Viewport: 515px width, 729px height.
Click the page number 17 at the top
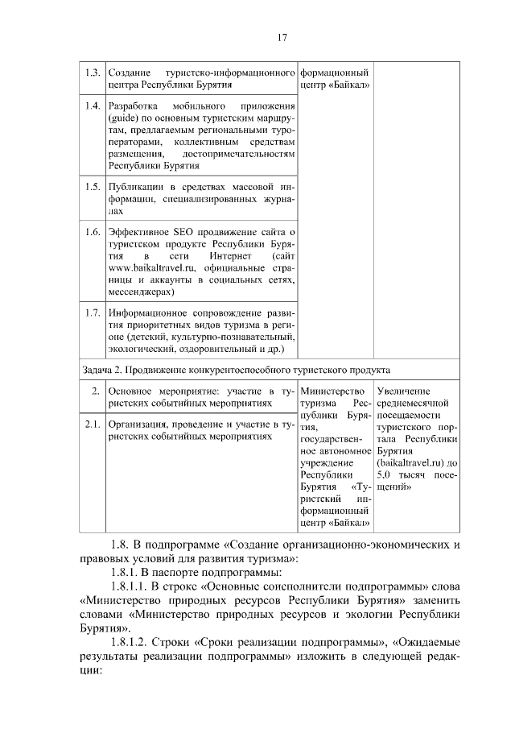click(x=282, y=37)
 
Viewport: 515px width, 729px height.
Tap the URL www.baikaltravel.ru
click(x=150, y=267)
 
